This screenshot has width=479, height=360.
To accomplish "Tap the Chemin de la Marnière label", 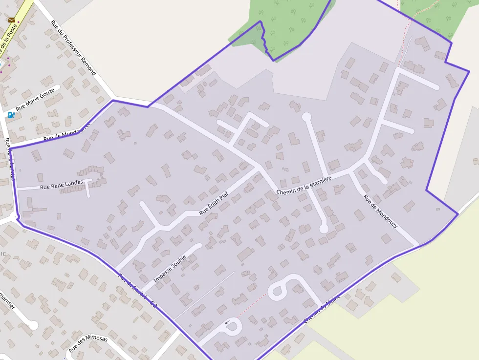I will tap(304, 185).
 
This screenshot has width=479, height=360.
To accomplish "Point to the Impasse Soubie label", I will tap(170, 268).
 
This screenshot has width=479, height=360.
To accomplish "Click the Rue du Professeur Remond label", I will tap(74, 47).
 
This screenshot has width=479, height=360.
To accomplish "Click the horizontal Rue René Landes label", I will tap(61, 185).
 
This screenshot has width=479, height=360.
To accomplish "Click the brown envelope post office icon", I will tap(12, 21).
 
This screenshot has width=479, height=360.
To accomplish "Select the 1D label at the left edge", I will tap(3, 254).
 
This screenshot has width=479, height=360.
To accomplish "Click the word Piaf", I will tap(224, 196).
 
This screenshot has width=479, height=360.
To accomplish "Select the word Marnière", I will tap(320, 180).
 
